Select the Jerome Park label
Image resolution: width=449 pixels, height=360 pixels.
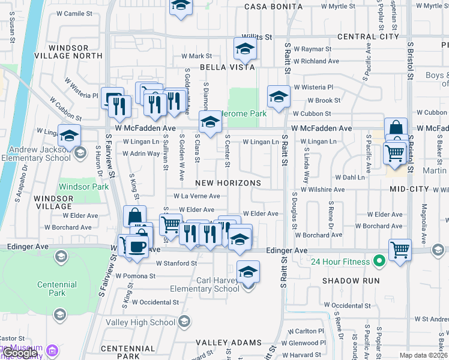[243, 113]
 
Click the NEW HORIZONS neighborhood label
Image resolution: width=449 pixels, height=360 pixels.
[229, 182]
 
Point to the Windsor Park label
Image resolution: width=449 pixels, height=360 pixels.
[83, 187]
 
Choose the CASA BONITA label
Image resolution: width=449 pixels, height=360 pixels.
[273, 7]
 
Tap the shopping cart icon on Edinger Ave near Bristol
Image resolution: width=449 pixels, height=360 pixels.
[400, 249]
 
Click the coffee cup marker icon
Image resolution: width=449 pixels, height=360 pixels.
[137, 246]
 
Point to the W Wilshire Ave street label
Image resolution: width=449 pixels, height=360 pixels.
[323, 189]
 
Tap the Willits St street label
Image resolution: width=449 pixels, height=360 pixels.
[257, 37]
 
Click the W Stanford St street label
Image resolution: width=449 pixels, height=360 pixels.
[176, 263]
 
